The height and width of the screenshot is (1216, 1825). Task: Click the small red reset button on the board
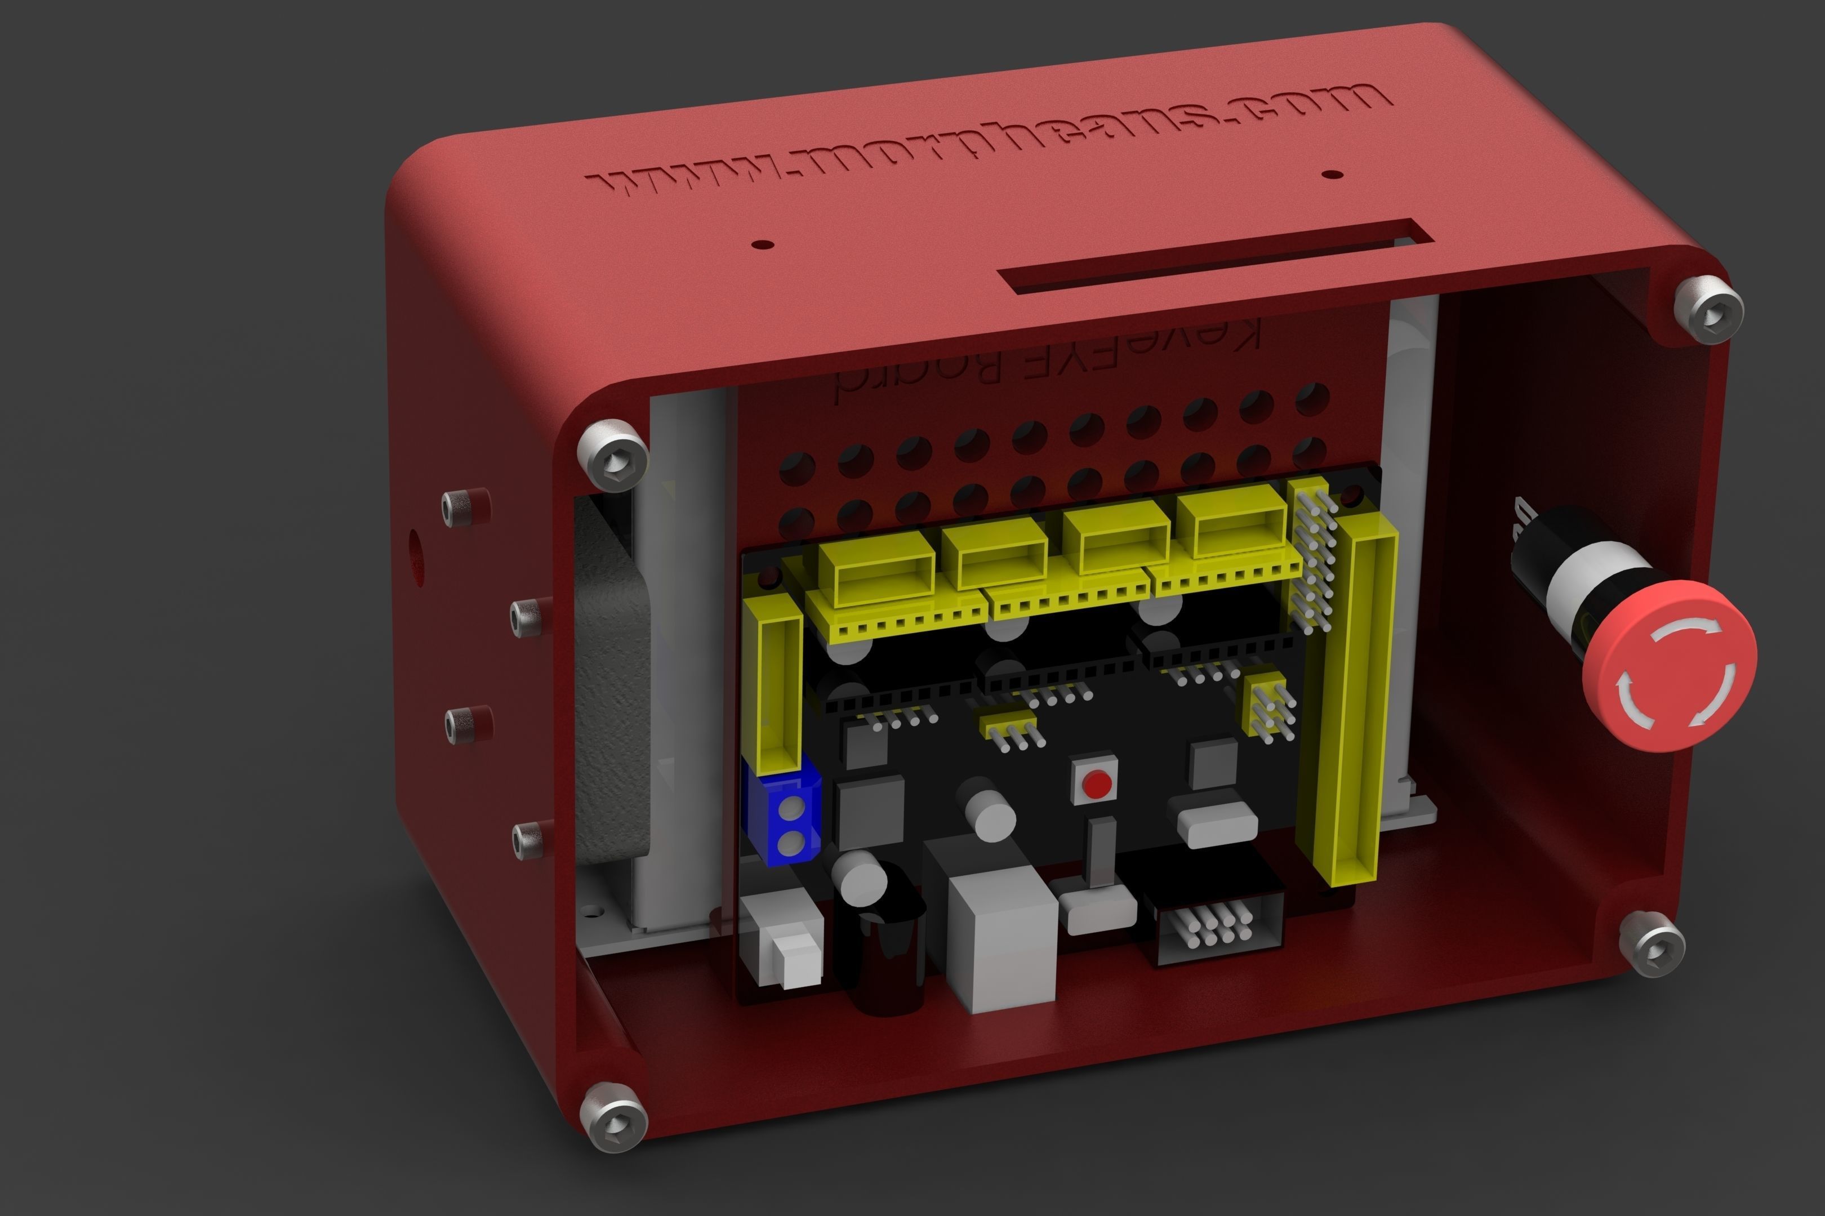coord(1096,783)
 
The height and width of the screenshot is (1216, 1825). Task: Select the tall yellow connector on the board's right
coord(1354,698)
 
